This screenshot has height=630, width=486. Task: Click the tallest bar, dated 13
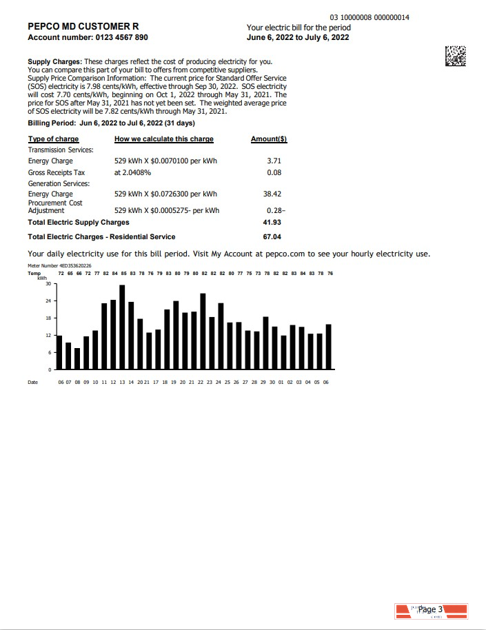click(x=122, y=327)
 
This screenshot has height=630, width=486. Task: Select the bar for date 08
click(x=77, y=358)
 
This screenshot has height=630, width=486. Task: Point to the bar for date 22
click(x=203, y=332)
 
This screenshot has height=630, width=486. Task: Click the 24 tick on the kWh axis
click(x=48, y=301)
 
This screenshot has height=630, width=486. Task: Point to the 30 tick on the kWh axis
click(x=48, y=284)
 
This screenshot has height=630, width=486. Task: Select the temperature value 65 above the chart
click(x=70, y=274)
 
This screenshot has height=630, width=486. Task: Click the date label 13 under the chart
click(x=122, y=381)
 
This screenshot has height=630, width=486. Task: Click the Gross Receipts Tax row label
click(x=57, y=172)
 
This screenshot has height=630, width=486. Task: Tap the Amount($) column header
click(x=269, y=139)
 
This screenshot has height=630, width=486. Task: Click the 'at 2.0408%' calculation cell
click(x=133, y=172)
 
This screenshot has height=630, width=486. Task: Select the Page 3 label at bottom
click(x=430, y=609)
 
